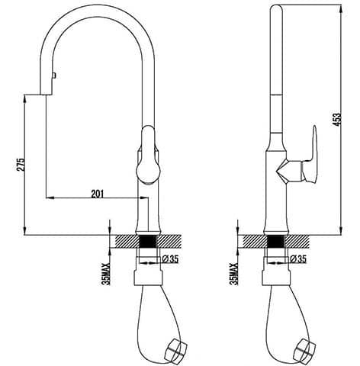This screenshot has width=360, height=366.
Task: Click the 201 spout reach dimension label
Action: click(97, 194)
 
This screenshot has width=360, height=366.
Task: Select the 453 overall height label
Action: click(337, 119)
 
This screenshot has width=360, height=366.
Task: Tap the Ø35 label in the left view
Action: click(170, 259)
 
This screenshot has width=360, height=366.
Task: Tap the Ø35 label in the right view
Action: click(298, 259)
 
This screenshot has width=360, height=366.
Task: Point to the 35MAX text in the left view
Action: click(107, 274)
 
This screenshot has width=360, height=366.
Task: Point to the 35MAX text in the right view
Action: click(234, 274)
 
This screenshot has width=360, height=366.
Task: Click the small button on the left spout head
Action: click(54, 75)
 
